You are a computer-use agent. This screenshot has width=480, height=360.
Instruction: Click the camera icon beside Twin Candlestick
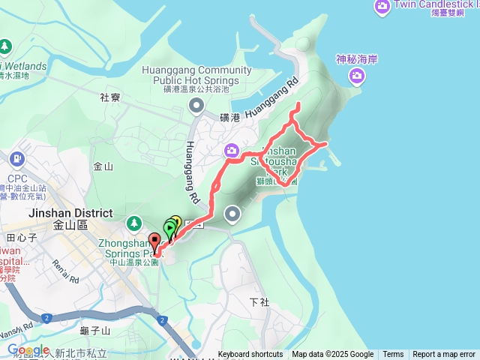coord(382,7)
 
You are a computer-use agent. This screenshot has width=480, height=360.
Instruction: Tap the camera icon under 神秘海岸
coord(357,75)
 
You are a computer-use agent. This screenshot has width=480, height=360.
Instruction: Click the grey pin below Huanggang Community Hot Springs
coord(196,106)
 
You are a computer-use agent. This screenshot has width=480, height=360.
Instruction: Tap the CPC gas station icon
coord(16,159)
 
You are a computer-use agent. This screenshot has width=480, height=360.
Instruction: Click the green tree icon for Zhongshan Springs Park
coord(134,223)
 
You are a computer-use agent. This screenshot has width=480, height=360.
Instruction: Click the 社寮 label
coord(109,97)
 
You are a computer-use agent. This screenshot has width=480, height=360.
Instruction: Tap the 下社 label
coord(259,301)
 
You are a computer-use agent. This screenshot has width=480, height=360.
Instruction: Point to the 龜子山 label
coord(99,330)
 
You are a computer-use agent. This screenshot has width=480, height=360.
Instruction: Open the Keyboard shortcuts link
coord(250,355)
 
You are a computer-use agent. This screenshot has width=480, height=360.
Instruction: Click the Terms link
coord(393,355)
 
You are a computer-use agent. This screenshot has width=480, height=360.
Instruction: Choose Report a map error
coord(444,355)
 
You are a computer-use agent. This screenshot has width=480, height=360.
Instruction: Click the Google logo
coord(28,349)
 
